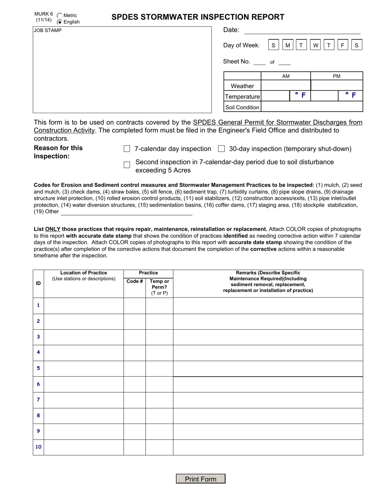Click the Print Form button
tap(200, 479)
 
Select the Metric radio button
tap(60, 15)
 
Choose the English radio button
tap(60, 22)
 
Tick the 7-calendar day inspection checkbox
tap(127, 149)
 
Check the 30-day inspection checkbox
tap(221, 149)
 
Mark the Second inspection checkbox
tap(127, 165)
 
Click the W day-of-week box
tap(315, 45)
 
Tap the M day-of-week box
tap(287, 45)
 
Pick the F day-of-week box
tap(343, 45)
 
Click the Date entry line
tap(302, 30)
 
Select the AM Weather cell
tap(286, 86)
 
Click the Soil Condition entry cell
tap(311, 107)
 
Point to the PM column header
tap(337, 76)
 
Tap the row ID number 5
tap(38, 368)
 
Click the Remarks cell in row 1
tap(268, 306)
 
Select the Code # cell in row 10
tap(135, 447)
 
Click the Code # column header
tap(135, 281)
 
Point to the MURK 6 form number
tap(43, 14)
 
